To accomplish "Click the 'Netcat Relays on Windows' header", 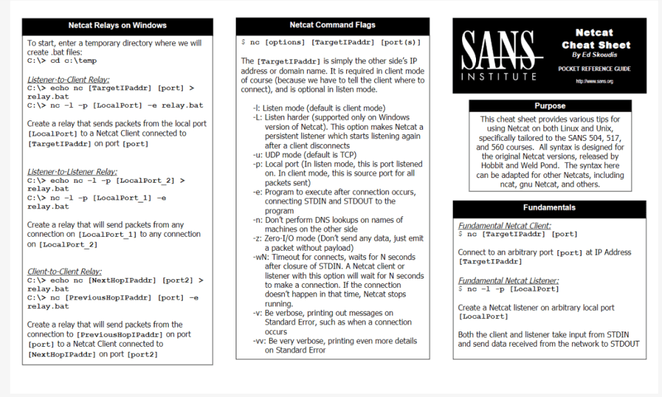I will click(x=117, y=26).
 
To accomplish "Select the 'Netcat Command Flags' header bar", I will click(x=332, y=25).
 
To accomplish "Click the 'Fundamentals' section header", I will click(x=549, y=207).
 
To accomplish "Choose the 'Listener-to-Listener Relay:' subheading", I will click(x=73, y=171).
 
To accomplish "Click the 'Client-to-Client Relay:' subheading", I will click(x=64, y=271).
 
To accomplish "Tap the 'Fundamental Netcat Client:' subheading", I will click(x=504, y=226).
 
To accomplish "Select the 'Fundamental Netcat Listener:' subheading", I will click(x=508, y=280).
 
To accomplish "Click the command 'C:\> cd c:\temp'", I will click(x=62, y=61).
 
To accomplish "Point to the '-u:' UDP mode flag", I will click(x=258, y=154).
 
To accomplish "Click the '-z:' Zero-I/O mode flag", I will click(x=258, y=238).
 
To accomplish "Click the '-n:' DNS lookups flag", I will click(x=258, y=220).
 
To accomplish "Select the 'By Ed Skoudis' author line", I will click(x=594, y=56).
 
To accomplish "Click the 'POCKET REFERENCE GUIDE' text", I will click(x=594, y=68).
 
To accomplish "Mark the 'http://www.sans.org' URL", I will click(x=594, y=81).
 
